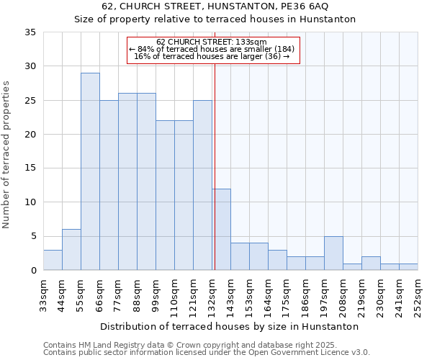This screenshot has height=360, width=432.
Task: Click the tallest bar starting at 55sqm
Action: tap(90, 171)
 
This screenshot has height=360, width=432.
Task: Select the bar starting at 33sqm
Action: tap(53, 260)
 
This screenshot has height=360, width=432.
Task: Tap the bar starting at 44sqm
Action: tap(71, 250)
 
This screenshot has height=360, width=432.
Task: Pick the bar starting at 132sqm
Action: tap(221, 230)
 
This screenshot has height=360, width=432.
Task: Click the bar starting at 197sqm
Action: tap(333, 253)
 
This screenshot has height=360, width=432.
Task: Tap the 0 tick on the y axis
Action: tap(32, 271)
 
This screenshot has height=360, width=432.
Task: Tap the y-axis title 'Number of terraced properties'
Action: tap(7, 154)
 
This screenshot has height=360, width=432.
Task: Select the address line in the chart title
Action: tap(215, 6)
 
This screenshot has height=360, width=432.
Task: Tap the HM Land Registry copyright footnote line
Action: tap(201, 345)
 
